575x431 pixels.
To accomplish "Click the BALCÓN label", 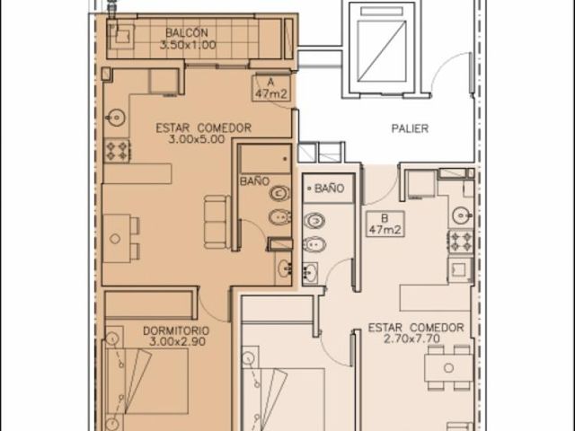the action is [187, 32].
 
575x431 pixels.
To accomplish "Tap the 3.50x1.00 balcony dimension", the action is [188, 45].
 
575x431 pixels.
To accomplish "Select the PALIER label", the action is [410, 128].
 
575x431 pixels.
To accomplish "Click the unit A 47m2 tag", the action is [271, 88].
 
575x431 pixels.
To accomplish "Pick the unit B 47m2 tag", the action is [385, 224].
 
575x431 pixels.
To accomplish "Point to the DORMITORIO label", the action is [176, 330].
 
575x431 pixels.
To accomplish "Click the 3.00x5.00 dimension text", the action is [197, 139].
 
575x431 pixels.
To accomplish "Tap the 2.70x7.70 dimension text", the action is [411, 339].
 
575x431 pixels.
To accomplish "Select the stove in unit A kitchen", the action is [117, 151].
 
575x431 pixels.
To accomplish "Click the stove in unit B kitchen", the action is [461, 242].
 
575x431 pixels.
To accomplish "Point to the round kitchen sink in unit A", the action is [116, 118].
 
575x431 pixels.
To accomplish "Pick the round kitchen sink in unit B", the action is [462, 215].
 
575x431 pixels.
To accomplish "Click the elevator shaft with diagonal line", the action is [382, 50].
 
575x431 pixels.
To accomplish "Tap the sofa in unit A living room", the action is [217, 222].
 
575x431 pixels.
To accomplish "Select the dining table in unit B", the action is [449, 367].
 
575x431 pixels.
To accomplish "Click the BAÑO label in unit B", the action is [330, 189].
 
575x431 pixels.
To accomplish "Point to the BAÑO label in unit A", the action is [254, 181].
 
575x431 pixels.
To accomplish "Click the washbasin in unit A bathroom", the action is [284, 268].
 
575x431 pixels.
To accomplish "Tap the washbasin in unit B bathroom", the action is [310, 273].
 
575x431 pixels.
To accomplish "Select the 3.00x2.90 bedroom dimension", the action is [178, 342].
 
